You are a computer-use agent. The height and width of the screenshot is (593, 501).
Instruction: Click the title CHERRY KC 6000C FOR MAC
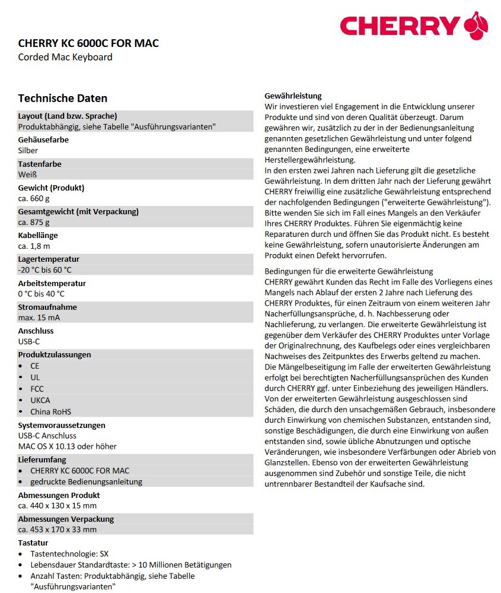(x=88, y=43)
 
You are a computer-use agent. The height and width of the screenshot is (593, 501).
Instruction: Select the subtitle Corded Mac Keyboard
(x=65, y=57)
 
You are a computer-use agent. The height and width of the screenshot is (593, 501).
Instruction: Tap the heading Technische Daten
(x=63, y=98)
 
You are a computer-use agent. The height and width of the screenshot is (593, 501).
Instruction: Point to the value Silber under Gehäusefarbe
(x=28, y=151)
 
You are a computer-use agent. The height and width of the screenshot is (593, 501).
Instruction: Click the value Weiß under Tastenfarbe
(x=27, y=175)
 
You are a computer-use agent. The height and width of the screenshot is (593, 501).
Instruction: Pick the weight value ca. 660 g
(x=34, y=198)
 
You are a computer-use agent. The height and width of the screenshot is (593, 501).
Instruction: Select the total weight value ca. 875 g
(x=34, y=223)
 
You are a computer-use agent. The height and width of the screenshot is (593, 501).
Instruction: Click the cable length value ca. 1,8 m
(x=34, y=246)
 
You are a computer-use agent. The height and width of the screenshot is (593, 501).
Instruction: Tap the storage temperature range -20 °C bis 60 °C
(x=45, y=270)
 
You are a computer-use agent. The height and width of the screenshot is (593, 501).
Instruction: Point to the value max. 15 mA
(x=39, y=318)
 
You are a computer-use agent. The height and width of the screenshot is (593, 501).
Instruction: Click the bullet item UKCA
(x=40, y=400)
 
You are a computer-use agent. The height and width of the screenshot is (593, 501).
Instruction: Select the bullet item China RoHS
(x=51, y=411)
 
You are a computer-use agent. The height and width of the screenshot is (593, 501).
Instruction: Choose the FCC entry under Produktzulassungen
(x=37, y=389)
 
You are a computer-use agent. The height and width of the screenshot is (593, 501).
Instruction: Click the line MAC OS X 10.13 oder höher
(x=68, y=446)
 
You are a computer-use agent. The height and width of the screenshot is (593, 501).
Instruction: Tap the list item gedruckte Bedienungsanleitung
(x=87, y=481)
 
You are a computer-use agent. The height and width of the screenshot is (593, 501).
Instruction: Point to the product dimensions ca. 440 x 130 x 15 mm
(x=58, y=506)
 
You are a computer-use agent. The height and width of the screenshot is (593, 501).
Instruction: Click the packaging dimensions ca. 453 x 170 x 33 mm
(x=58, y=529)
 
